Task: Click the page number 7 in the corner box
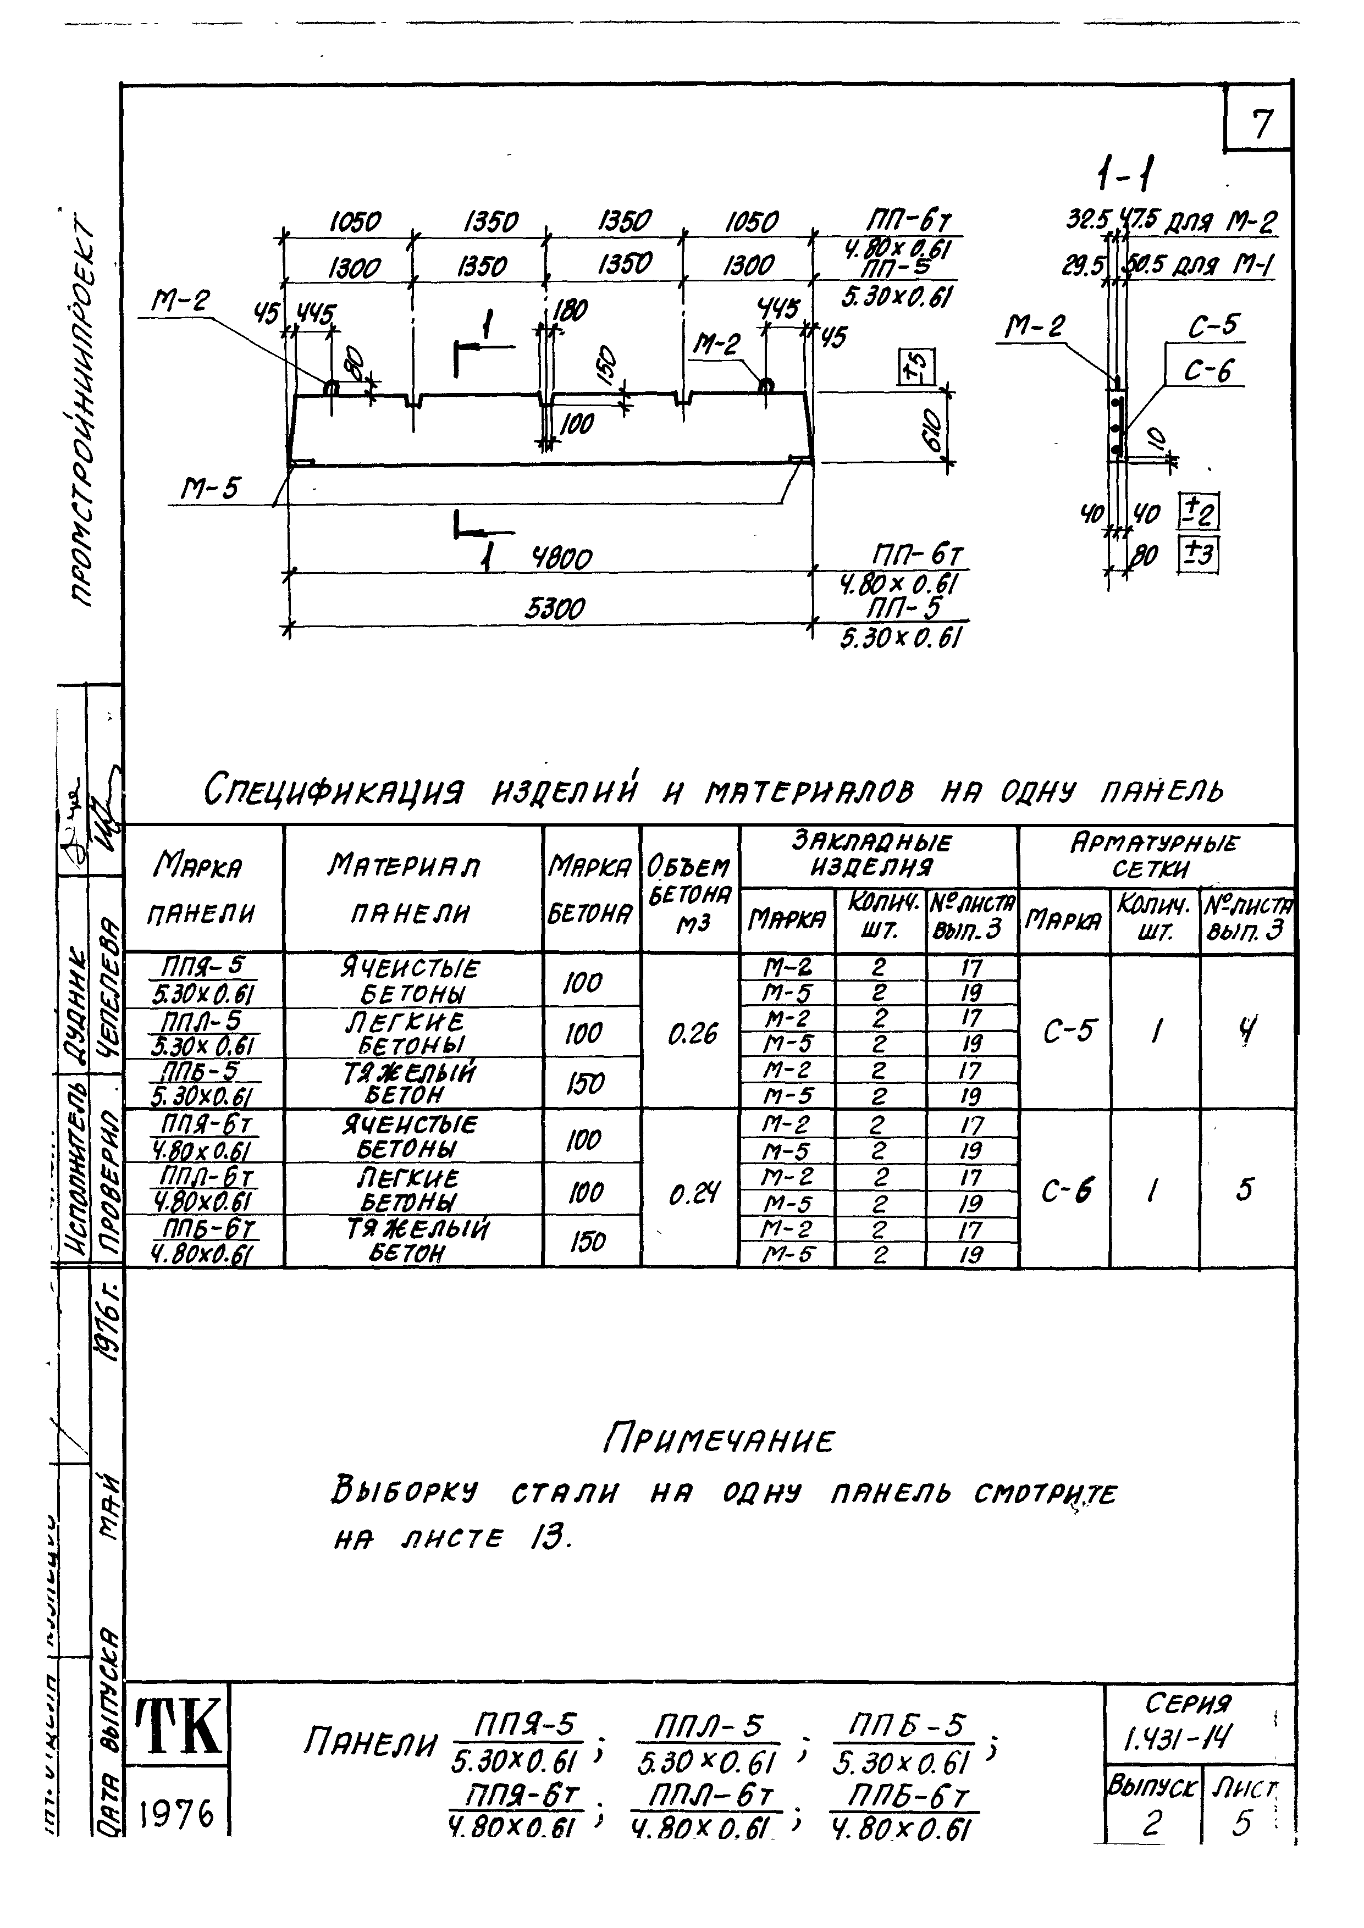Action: pos(1261,124)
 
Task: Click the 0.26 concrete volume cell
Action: pos(691,1034)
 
